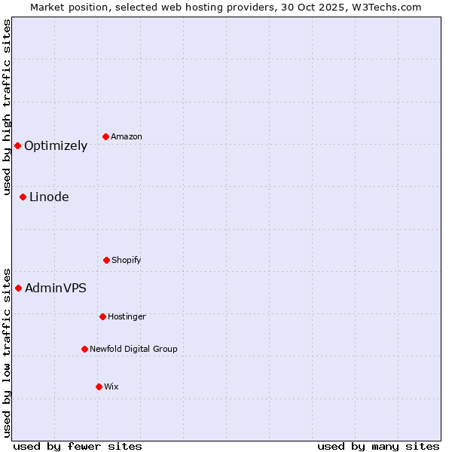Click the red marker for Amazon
coord(105,136)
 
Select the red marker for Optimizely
coord(17,145)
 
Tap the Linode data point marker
coord(23,197)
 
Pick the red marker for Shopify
coord(106,260)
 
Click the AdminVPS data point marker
coord(18,288)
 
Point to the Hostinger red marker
coord(102,316)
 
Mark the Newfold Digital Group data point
coord(84,349)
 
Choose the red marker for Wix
coord(99,386)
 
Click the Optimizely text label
coord(56,146)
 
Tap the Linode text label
coord(49,197)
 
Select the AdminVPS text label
coord(56,289)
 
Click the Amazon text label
coord(127,137)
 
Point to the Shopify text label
coord(127,261)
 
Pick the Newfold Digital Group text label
coord(133,350)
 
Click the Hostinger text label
coord(127,317)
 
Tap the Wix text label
coord(111,387)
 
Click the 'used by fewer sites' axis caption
coord(78,446)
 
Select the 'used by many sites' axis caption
coord(378,446)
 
